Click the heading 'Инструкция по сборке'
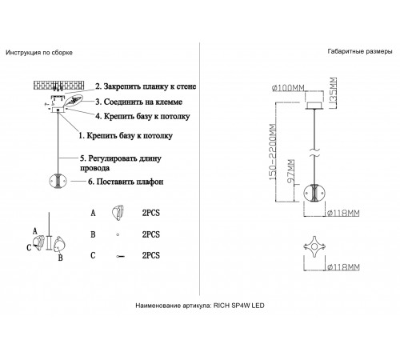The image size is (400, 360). (x=39, y=53)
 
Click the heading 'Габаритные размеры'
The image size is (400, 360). (x=360, y=51)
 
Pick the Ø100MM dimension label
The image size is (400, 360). (x=288, y=88)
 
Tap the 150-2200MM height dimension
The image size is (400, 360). (x=273, y=152)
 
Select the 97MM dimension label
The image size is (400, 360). (x=291, y=171)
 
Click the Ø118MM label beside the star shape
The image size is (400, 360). (x=343, y=266)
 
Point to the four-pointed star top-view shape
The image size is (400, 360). (x=314, y=246)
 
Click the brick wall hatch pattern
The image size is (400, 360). (x=58, y=85)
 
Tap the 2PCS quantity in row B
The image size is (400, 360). (x=151, y=234)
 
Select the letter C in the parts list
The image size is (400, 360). (x=93, y=255)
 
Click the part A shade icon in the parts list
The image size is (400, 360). (x=118, y=213)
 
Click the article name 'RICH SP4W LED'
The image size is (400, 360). (x=239, y=306)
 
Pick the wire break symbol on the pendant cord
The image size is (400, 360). (x=314, y=153)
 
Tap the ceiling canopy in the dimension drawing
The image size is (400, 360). (x=315, y=106)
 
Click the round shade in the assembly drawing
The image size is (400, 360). (x=58, y=182)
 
